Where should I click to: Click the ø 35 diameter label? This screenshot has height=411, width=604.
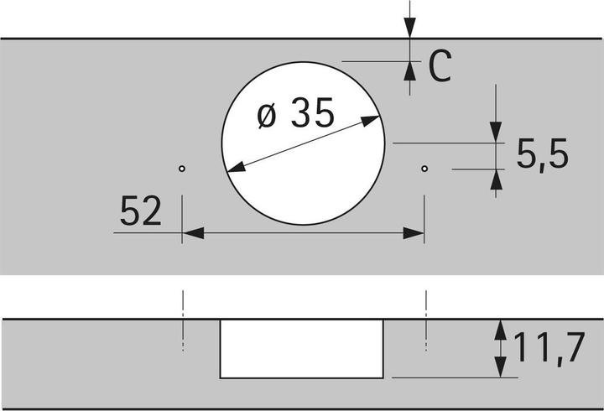click(295, 114)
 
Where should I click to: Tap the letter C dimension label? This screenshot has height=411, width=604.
click(440, 67)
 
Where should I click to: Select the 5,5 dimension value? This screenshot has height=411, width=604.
click(543, 155)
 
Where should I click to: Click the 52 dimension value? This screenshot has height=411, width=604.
click(140, 211)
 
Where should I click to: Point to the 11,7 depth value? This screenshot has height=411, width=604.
click(549, 347)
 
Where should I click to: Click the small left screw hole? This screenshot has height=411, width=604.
click(181, 169)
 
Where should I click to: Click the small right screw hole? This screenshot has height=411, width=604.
click(424, 169)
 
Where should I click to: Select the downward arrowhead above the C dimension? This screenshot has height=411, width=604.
click(409, 28)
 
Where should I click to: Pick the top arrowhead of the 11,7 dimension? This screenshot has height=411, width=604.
click(500, 328)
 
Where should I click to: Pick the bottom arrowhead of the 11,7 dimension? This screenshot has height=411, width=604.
click(500, 368)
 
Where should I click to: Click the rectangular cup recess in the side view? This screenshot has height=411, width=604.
click(303, 347)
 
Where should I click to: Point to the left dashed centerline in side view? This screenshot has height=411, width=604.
click(181, 323)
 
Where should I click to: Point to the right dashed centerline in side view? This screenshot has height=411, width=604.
click(426, 323)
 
